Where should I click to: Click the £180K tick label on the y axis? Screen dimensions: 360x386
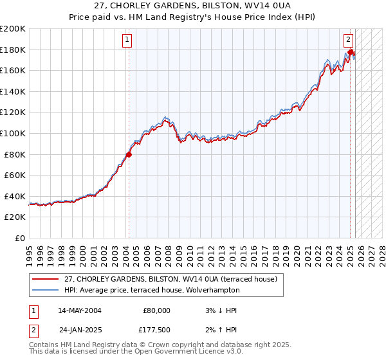coord(13,50)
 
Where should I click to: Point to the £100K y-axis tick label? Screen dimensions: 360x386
coord(13,133)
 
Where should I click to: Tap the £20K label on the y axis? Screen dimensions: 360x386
coord(15,217)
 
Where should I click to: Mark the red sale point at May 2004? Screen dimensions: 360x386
coord(129,154)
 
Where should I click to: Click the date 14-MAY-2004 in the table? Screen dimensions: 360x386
coord(80,310)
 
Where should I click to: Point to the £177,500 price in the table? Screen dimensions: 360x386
coord(154,332)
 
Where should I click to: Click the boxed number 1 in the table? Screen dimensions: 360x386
coord(33,310)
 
